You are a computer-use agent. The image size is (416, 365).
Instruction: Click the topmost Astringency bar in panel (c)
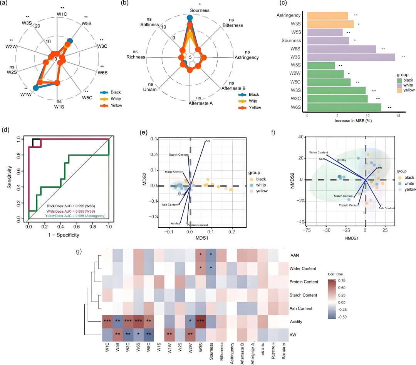coord(327,16)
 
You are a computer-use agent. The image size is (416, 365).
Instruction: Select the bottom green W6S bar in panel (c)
coord(344,107)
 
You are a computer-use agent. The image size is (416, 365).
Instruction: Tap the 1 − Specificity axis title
coord(63,234)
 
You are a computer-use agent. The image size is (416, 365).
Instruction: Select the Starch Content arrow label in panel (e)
coord(179,155)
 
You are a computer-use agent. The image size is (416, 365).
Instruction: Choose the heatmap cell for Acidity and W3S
coord(200,321)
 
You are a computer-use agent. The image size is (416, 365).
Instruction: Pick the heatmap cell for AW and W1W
coord(169,335)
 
